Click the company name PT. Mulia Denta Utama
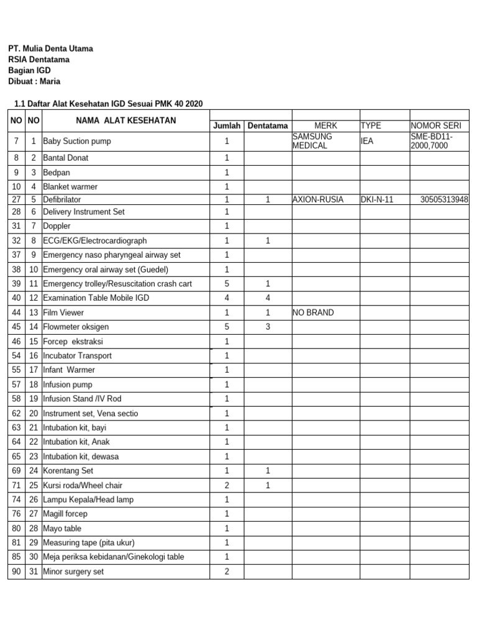(50, 48)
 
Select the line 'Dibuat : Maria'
(34, 81)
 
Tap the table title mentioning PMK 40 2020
(108, 103)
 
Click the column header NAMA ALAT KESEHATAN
(126, 120)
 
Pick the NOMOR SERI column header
(435, 125)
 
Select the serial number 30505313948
(444, 199)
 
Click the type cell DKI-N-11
(377, 199)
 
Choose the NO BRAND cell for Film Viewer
(313, 312)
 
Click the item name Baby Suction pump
(77, 141)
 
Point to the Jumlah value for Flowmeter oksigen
(227, 327)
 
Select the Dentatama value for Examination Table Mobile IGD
(268, 298)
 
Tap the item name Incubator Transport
(78, 356)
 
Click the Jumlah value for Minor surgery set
(227, 571)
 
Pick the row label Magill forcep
(65, 514)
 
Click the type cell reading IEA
(368, 141)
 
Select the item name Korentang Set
(68, 471)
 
